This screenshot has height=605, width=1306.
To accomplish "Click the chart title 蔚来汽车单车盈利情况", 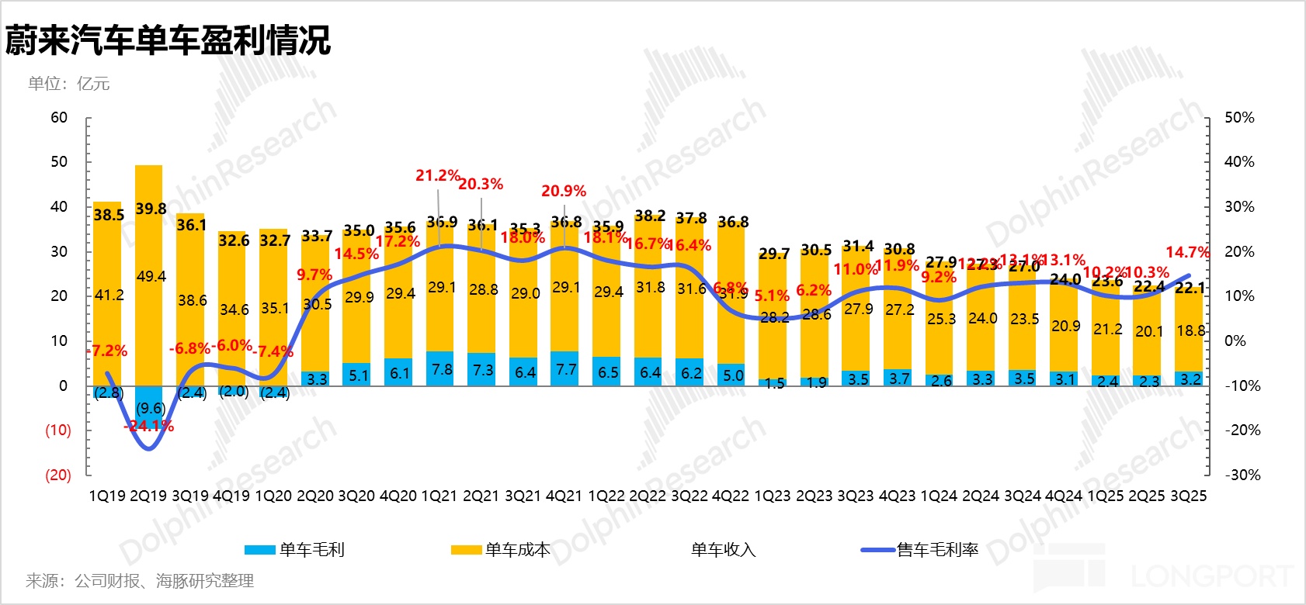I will pyautogui.click(x=168, y=40).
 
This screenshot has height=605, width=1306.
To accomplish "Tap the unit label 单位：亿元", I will pyautogui.click(x=69, y=84).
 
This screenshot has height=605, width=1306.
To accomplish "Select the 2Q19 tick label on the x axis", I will pyautogui.click(x=148, y=496).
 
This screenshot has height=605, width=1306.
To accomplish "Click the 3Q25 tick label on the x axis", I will pyautogui.click(x=1188, y=496).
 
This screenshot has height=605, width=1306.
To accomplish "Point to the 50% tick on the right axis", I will pyautogui.click(x=1239, y=118).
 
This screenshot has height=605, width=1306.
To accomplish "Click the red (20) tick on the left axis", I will pyautogui.click(x=57, y=475).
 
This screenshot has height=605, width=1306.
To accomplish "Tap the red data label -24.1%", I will pyautogui.click(x=148, y=426).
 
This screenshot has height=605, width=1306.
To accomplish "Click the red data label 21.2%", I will pyautogui.click(x=437, y=176).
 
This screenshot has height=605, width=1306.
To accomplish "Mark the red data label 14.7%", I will pyautogui.click(x=1186, y=252).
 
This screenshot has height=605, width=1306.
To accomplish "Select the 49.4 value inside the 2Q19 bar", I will pyautogui.click(x=151, y=277).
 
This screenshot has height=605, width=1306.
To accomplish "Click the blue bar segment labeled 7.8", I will pyautogui.click(x=441, y=369).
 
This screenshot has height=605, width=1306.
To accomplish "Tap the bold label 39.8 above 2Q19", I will pyautogui.click(x=151, y=209).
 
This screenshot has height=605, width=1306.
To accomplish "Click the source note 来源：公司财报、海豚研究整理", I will pyautogui.click(x=140, y=580).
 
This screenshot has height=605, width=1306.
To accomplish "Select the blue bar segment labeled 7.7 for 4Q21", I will pyautogui.click(x=565, y=369).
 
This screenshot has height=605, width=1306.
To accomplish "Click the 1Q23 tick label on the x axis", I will pyautogui.click(x=772, y=496).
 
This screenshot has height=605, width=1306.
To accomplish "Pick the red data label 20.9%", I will pyautogui.click(x=564, y=191).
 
